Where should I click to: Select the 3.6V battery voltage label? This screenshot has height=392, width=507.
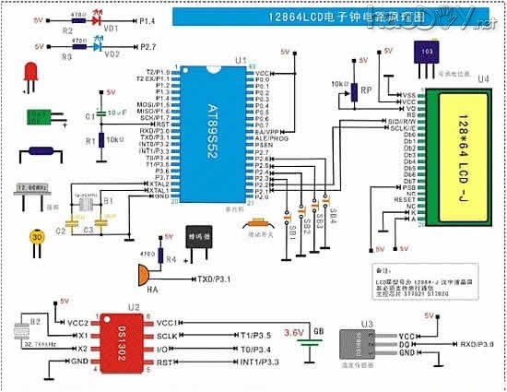(293, 331)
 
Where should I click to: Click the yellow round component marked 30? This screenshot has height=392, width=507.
(37, 236)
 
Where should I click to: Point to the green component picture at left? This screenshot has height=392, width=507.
(38, 117)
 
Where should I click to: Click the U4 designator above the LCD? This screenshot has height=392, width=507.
(484, 80)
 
